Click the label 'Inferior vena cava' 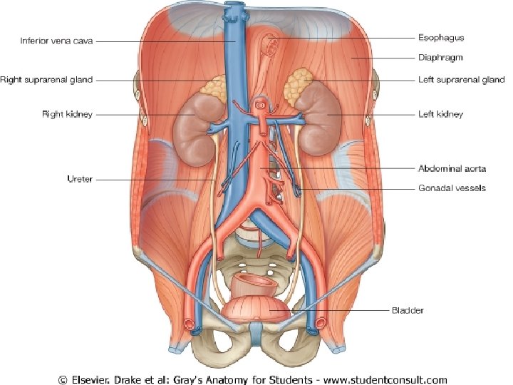(x=56, y=41)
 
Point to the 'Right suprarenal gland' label (x=46, y=80)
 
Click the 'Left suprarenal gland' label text (x=460, y=80)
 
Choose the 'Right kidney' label (x=66, y=114)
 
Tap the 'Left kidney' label (x=440, y=114)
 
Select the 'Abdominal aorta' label (x=452, y=169)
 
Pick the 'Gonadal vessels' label (x=451, y=188)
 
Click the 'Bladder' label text (x=408, y=310)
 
